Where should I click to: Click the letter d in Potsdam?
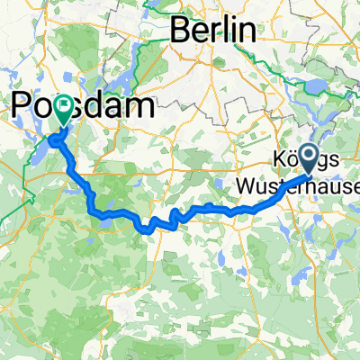pos(90,106)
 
